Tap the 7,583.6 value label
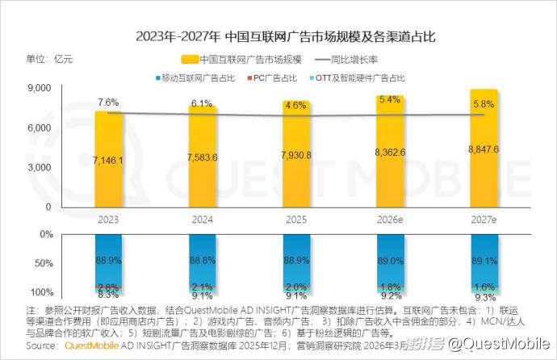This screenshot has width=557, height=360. coord(202,157)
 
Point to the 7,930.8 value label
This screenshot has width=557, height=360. coord(296,154)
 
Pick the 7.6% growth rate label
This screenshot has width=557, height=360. coord(108,103)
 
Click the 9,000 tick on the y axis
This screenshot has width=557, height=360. coord(40,87)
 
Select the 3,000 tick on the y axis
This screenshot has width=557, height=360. coord(40,167)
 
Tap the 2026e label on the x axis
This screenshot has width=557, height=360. coord(391,219)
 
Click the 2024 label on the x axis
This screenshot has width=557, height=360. coord(202,219)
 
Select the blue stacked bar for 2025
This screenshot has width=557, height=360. coord(296,258)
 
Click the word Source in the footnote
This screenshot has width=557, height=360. coord(42,345)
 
